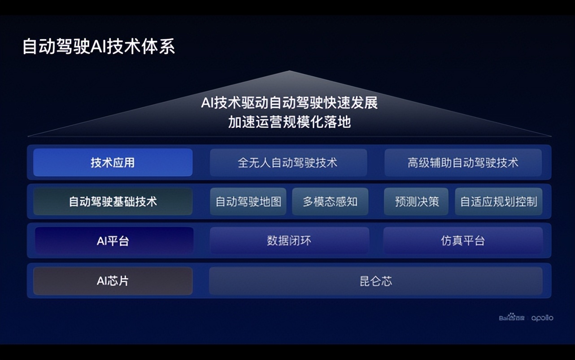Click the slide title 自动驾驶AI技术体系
click(99, 47)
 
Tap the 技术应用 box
click(113, 162)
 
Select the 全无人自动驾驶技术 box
click(288, 162)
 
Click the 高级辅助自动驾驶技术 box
click(463, 162)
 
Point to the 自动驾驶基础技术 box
click(113, 202)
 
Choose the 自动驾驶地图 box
click(248, 202)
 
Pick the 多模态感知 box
click(330, 202)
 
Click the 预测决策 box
click(416, 202)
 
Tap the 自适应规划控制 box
click(498, 202)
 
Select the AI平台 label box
click(114, 241)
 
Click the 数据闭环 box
click(289, 241)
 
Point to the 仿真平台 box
click(463, 241)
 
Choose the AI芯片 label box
click(113, 281)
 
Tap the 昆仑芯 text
click(376, 281)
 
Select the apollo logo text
click(542, 318)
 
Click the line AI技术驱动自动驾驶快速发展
click(289, 103)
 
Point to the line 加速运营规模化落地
click(289, 122)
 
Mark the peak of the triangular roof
click(289, 71)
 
